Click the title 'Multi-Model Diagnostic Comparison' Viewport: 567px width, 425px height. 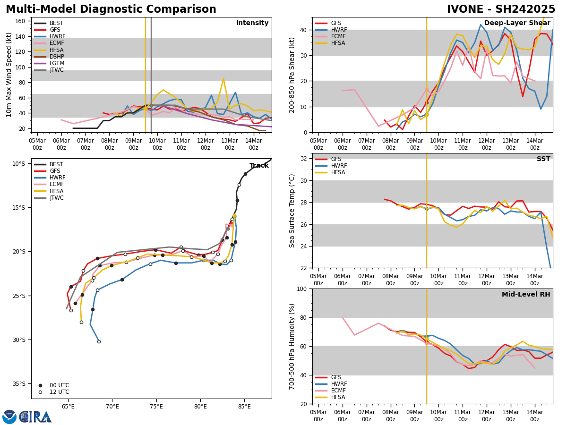pos(111,9)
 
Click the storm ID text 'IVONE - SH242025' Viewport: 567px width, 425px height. pos(501,9)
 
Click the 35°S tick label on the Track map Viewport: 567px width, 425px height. pos(19,384)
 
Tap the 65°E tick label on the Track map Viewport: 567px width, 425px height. pos(68,406)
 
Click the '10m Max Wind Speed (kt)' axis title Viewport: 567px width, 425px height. pos(9,75)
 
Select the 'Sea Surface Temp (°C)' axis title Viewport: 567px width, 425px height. pos(292,211)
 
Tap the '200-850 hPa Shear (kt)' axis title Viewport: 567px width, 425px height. pos(292,75)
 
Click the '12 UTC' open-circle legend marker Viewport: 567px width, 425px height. pos(40,392)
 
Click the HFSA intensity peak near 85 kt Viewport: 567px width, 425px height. pos(223,78)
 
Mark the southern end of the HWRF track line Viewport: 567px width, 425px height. pos(99,341)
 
